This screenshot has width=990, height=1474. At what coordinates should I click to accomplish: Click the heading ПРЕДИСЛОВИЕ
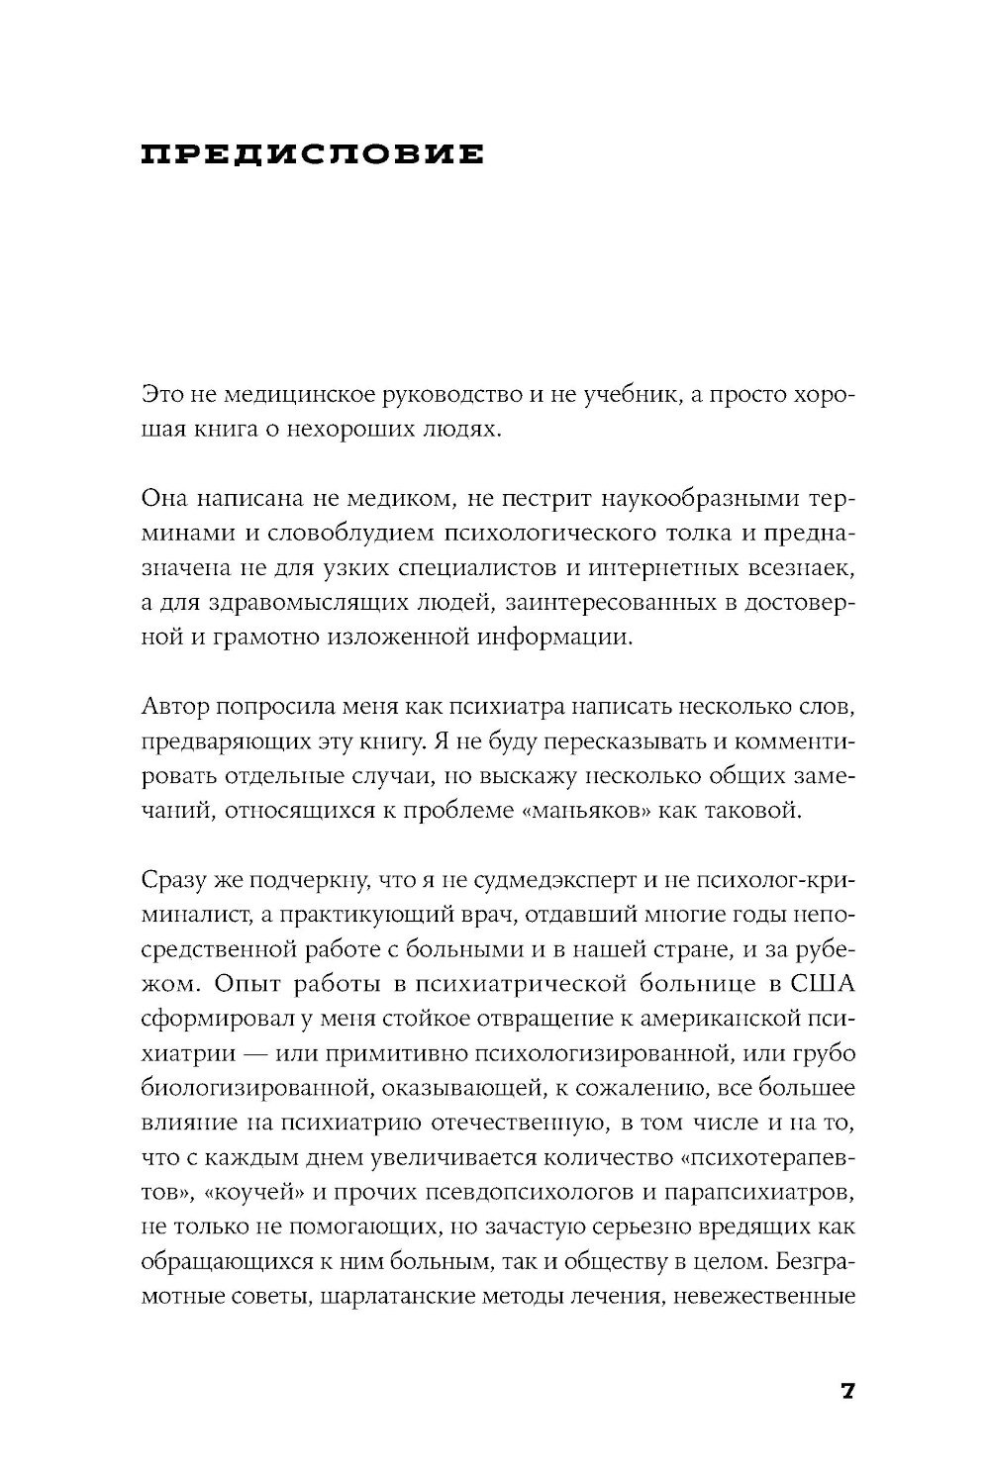click(x=313, y=155)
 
